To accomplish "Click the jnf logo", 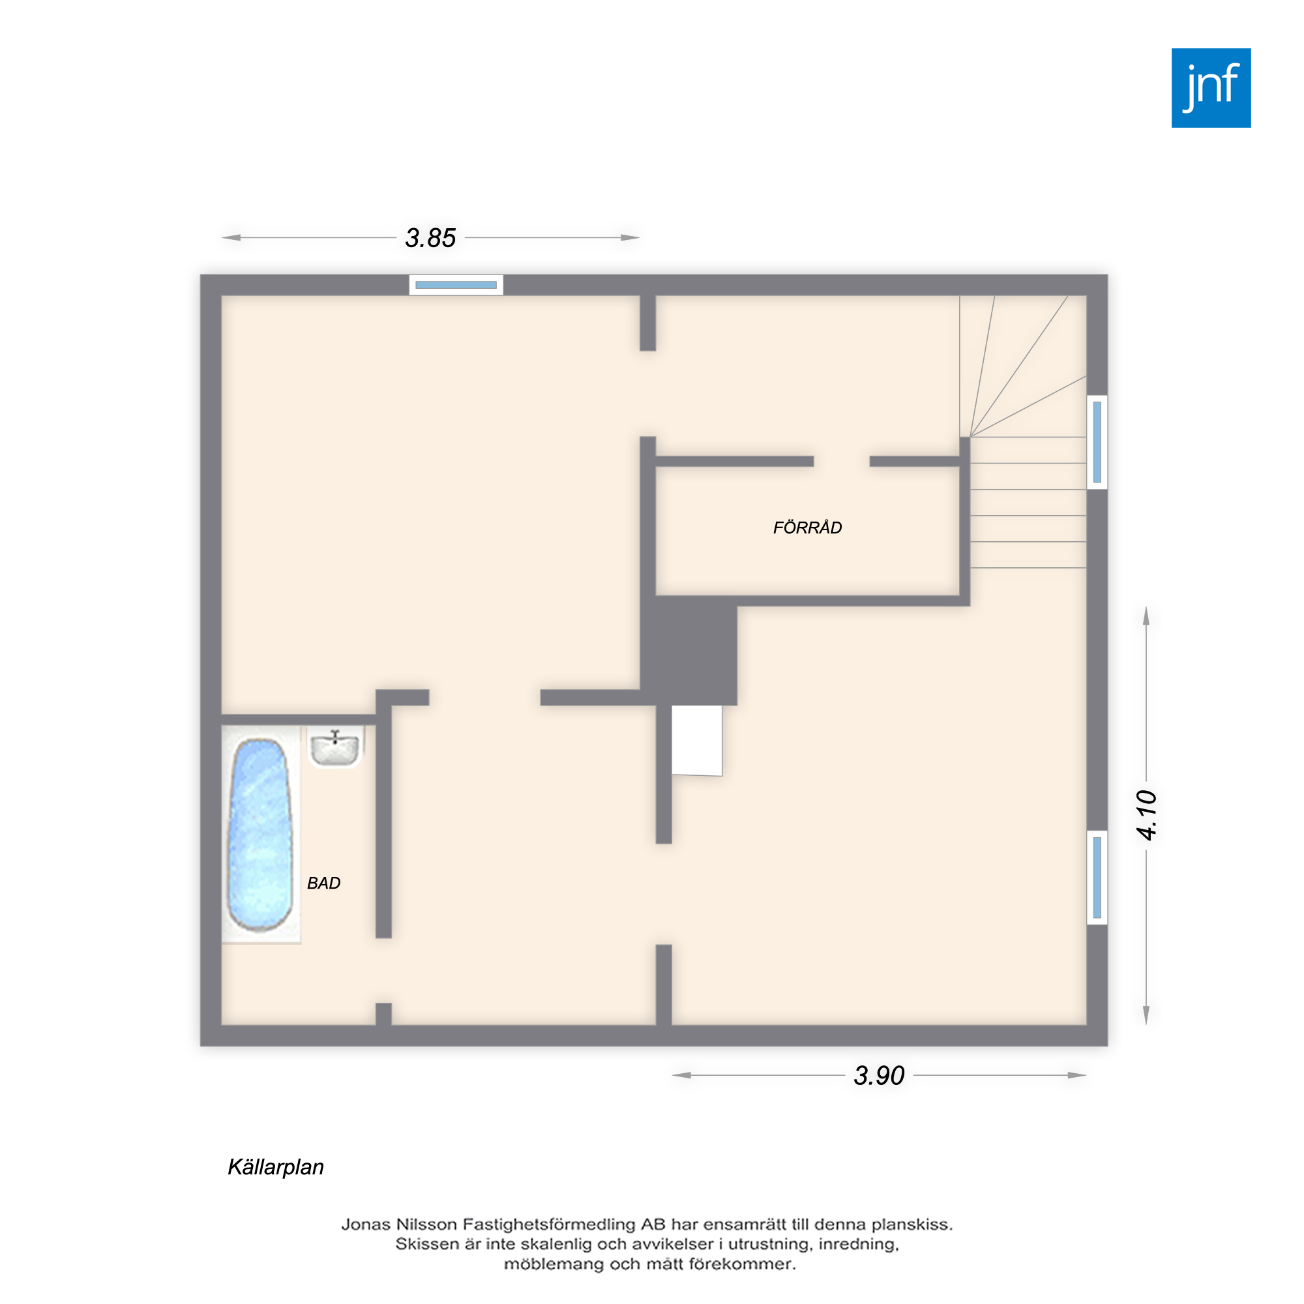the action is pos(1211,88).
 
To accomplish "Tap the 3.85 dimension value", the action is pos(430,237).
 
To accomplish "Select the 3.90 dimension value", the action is pos(879,1076).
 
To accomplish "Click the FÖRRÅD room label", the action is pos(807,527).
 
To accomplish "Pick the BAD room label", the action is pos(323,883).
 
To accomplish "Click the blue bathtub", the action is pos(261,835).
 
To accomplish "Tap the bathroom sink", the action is pos(334,747).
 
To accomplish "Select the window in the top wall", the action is pos(456,285).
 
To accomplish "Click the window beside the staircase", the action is pos(1097,442).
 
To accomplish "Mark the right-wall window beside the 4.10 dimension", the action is pos(1097,878).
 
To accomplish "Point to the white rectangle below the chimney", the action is pos(696,741).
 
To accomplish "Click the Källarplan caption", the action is pos(275,1167).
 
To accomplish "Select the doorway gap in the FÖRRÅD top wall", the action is pos(842,462).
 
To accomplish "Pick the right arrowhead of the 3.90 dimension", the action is pos(1077,1075).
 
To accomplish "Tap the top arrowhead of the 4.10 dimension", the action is pos(1146,615).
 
